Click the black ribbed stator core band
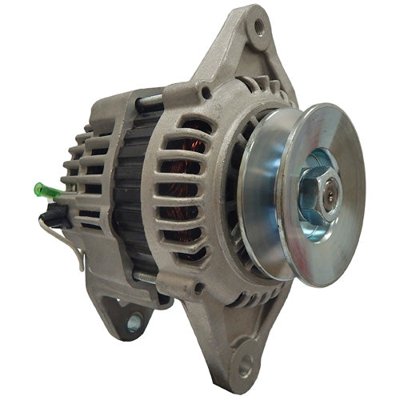[128, 192]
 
